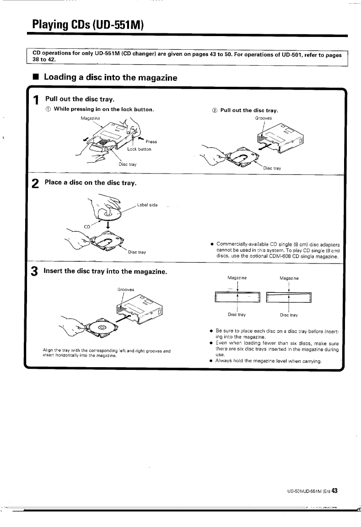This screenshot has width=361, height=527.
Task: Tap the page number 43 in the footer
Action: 334,491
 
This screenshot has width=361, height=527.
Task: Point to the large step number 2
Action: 35,184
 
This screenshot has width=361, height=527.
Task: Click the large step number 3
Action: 35,272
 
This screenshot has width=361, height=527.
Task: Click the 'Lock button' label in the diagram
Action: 139,149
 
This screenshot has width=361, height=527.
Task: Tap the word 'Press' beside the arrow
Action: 151,142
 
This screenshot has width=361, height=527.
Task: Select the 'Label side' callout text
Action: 147,205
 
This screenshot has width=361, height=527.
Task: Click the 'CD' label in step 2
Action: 86,226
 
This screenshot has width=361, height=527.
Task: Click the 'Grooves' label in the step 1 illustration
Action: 264,118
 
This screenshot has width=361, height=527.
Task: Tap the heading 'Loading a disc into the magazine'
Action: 110,78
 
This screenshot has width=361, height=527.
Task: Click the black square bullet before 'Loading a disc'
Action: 35,78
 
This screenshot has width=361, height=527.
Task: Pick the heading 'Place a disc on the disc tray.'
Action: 90,183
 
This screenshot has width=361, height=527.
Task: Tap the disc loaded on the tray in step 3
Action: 102,327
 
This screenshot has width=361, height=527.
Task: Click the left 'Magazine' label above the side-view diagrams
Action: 237,278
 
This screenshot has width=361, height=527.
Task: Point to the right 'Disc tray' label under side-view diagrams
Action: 289,315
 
